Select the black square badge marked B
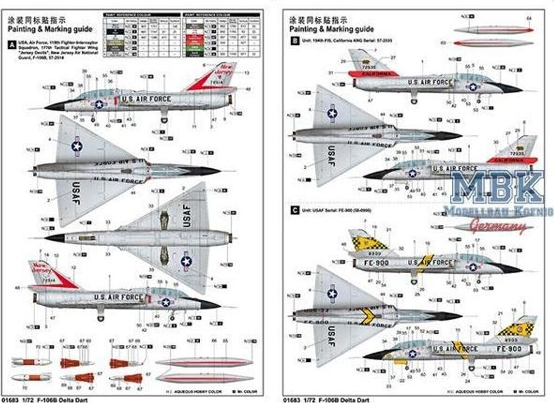pyautogui.click(x=294, y=39)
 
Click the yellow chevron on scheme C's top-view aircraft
pyautogui.click(x=368, y=315)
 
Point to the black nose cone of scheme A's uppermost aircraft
pyautogui.click(x=55, y=105)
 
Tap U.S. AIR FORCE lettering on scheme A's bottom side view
pyautogui.click(x=119, y=296)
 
